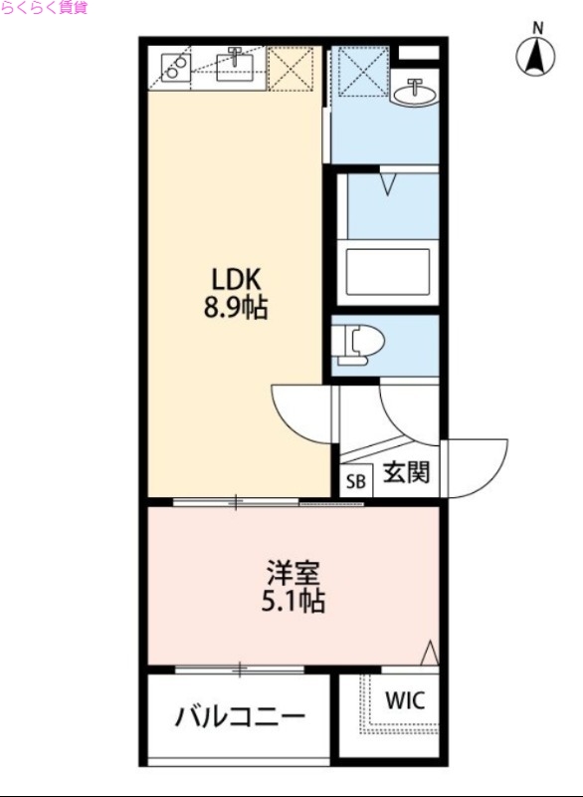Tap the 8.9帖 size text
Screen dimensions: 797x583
[236, 308]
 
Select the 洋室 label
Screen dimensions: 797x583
[293, 575]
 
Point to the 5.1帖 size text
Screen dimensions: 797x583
[293, 602]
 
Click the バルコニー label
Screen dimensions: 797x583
[240, 716]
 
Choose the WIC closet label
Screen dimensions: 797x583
[405, 699]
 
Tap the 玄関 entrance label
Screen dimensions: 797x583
[407, 472]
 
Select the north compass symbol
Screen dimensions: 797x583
[535, 54]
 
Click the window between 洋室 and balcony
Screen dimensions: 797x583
[239, 668]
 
